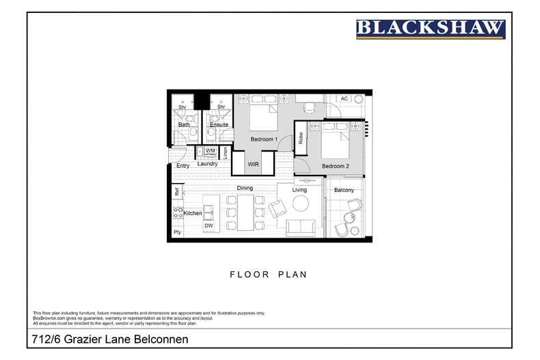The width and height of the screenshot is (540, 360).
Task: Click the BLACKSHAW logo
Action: [x=431, y=29]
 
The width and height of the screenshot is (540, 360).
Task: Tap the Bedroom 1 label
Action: [x=264, y=139]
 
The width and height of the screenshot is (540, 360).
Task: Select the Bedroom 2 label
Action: [x=336, y=166]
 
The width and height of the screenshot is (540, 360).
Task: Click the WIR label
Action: [x=253, y=165]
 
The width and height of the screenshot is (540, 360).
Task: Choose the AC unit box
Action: [x=344, y=99]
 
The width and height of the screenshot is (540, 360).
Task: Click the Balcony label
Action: [x=344, y=190]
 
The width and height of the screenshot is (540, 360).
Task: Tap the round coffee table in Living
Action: [x=301, y=203]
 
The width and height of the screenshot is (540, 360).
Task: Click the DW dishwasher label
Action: [x=208, y=225]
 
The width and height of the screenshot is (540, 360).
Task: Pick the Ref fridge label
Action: [x=176, y=193]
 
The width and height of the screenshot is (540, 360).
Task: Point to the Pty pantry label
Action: [x=177, y=233]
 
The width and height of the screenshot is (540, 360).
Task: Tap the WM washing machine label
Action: [x=211, y=150]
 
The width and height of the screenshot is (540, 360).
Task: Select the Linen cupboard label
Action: [x=225, y=153]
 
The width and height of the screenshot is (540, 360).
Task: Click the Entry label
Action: [x=183, y=166]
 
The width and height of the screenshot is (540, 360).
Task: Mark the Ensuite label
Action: [x=219, y=125]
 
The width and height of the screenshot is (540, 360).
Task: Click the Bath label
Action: [x=184, y=125]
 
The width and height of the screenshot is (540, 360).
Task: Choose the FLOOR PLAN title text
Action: [x=267, y=275]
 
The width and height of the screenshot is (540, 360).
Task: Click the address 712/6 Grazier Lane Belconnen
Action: [x=110, y=339]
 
